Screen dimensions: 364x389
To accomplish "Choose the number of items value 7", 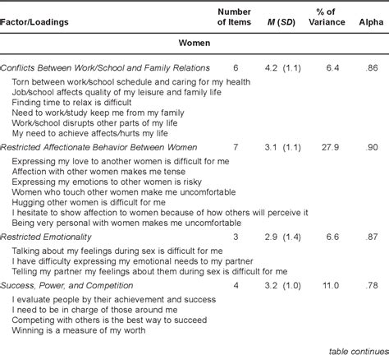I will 235,145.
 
